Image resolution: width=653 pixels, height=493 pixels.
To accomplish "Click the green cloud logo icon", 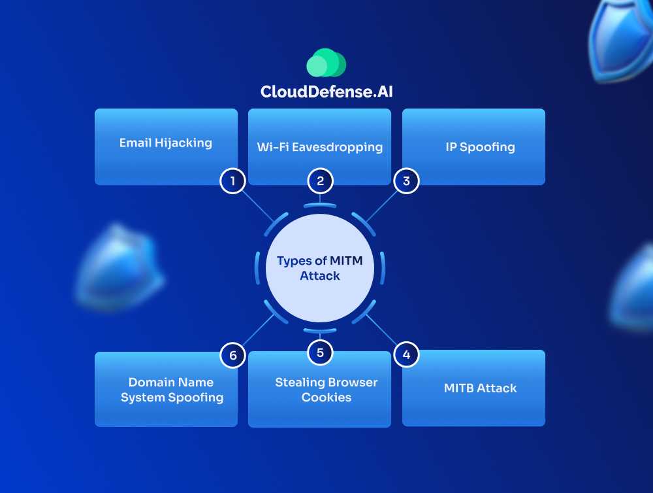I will (x=326, y=63).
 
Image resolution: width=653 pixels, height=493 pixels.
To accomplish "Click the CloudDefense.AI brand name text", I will (x=326, y=92).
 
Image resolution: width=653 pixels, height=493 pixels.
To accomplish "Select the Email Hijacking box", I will (x=166, y=146).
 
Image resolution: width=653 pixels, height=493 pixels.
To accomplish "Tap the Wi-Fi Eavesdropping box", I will (x=319, y=146).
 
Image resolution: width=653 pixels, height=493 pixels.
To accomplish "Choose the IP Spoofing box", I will (x=473, y=146).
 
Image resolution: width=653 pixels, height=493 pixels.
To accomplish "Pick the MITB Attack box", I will (x=473, y=388).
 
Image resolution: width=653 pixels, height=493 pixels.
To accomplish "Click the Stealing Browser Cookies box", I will (x=319, y=390).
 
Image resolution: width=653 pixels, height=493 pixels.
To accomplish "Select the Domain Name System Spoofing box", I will (x=166, y=390).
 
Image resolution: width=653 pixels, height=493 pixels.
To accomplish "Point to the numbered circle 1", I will (x=232, y=180).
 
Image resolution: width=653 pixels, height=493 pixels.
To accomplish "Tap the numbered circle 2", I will (x=320, y=180).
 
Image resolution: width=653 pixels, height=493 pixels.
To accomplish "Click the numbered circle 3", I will (x=406, y=180).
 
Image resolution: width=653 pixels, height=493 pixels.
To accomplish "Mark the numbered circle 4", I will (x=406, y=355).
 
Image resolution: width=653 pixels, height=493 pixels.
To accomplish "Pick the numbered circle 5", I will (x=320, y=353).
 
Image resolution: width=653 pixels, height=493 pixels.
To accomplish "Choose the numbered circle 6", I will (x=232, y=356).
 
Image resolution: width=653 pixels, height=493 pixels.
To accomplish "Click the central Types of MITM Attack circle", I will (x=319, y=268).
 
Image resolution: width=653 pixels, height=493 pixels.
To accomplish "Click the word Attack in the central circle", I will (x=320, y=276).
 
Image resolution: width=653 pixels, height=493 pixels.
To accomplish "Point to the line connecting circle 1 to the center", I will (x=258, y=206).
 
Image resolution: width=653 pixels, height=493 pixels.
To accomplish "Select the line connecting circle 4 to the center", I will (x=381, y=331).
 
